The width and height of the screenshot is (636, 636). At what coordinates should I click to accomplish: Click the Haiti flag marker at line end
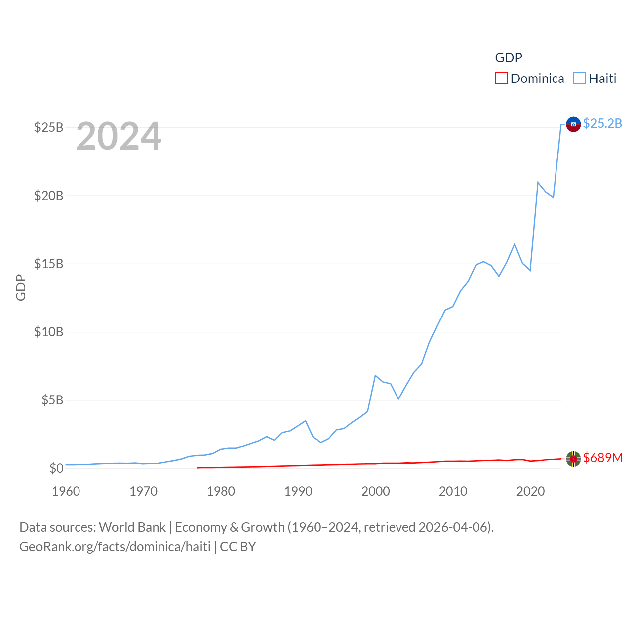tap(573, 124)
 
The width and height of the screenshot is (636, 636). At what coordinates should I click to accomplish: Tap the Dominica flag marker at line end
tap(573, 459)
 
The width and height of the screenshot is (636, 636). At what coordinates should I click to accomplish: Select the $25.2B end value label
tap(602, 123)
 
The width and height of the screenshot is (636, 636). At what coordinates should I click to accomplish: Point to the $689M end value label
tap(603, 458)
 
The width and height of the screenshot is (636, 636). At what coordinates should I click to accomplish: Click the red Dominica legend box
tap(502, 79)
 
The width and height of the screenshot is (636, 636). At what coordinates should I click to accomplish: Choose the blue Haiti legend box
tap(580, 79)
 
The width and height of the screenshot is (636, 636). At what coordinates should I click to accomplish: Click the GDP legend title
tap(508, 58)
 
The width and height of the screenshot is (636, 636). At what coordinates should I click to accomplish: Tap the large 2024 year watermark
tap(118, 136)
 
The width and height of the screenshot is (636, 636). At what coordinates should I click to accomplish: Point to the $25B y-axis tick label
tap(49, 128)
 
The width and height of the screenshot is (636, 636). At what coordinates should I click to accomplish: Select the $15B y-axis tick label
tap(49, 264)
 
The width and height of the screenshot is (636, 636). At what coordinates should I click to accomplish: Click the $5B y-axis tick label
tap(52, 400)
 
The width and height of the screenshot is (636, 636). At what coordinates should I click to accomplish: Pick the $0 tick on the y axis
tap(56, 468)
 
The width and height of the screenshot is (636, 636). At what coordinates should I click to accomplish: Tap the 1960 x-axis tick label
tap(66, 491)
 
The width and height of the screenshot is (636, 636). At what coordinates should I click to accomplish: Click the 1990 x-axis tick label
tap(298, 491)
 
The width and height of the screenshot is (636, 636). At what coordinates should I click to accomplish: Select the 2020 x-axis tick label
tap(530, 491)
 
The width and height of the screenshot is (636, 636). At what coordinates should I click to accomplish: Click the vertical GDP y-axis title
tap(21, 287)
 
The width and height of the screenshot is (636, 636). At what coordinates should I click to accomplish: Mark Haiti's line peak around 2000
tap(375, 376)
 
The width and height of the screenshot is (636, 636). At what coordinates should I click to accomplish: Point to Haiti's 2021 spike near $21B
tap(538, 183)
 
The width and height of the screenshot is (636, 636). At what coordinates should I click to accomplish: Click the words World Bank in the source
tap(132, 527)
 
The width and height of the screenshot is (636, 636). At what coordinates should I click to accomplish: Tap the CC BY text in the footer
tap(238, 547)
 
